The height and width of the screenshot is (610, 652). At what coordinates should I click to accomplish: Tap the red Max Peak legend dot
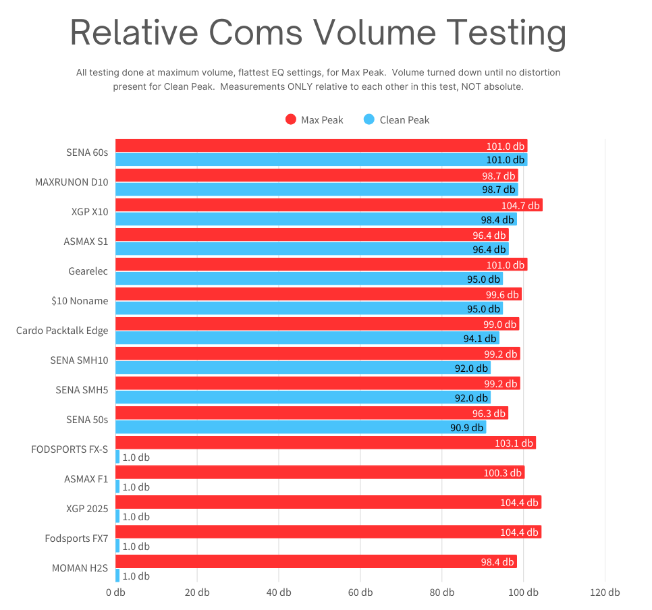pyautogui.click(x=291, y=119)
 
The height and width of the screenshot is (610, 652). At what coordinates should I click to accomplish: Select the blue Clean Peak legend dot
pyautogui.click(x=369, y=119)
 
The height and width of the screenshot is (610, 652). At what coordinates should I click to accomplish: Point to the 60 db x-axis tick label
pyautogui.click(x=360, y=592)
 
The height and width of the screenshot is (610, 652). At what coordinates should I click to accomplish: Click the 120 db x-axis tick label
pyautogui.click(x=605, y=592)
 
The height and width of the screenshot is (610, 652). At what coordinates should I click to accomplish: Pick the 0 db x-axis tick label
pyautogui.click(x=115, y=592)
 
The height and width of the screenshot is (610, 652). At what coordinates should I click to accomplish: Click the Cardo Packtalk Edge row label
pyautogui.click(x=62, y=331)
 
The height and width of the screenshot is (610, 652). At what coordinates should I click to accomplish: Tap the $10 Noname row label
pyautogui.click(x=79, y=301)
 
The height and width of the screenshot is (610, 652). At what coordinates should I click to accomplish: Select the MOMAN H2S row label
pyautogui.click(x=80, y=568)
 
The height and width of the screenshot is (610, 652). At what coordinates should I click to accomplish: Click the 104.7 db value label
pyautogui.click(x=520, y=206)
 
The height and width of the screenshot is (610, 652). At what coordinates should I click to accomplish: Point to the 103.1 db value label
pyautogui.click(x=514, y=443)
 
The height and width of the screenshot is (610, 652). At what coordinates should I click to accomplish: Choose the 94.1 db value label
pyautogui.click(x=480, y=339)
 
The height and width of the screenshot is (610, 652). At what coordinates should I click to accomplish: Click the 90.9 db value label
pyautogui.click(x=467, y=428)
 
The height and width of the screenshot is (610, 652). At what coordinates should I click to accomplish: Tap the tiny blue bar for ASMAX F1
pyautogui.click(x=117, y=487)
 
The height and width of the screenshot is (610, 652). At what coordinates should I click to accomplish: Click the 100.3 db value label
pyautogui.click(x=503, y=473)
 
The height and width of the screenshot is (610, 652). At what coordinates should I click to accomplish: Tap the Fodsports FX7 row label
pyautogui.click(x=76, y=538)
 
